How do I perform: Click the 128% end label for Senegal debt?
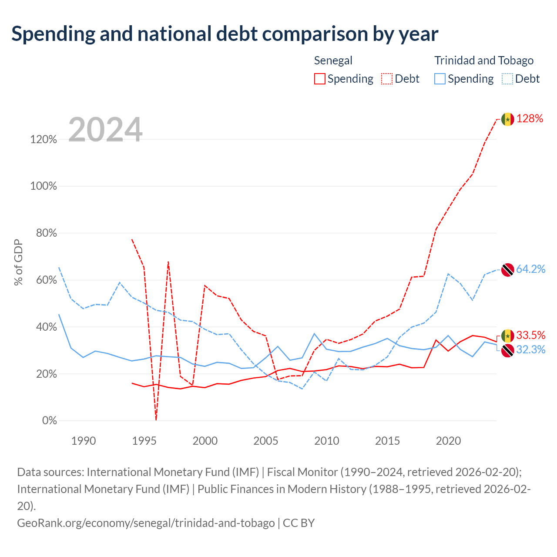[x=530, y=118]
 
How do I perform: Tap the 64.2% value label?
[x=531, y=269]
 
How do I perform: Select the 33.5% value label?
[x=531, y=336]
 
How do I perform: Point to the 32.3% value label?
[x=531, y=350]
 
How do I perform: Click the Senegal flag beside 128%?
[x=507, y=119]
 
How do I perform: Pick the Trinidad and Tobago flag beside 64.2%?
[x=507, y=270]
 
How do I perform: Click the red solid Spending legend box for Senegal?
[x=320, y=79]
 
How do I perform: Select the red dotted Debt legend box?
[x=387, y=79]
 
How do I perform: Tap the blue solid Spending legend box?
[x=440, y=79]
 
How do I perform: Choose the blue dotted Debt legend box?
[x=507, y=79]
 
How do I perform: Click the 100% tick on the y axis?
[x=44, y=186]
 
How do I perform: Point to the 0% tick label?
[x=50, y=420]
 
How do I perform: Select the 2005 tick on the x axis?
[x=265, y=441]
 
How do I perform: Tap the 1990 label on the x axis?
[x=84, y=441]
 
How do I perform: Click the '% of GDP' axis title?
[x=18, y=262]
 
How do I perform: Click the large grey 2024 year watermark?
[x=105, y=129]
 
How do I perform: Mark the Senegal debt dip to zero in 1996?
[x=156, y=419]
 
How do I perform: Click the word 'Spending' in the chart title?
[x=54, y=34]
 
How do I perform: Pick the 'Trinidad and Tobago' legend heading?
[x=484, y=60]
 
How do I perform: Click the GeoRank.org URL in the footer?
[x=146, y=523]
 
